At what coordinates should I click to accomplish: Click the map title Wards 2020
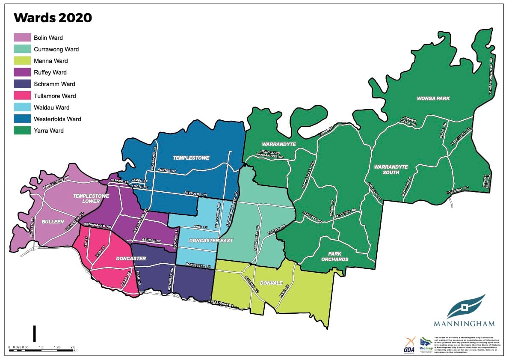pos(53,18)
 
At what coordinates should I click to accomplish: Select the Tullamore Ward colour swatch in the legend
pos(22,96)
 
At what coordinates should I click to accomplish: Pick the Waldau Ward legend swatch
pos(22,107)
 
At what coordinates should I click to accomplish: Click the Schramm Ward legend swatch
pos(22,84)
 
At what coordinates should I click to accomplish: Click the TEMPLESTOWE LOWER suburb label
pos(91,199)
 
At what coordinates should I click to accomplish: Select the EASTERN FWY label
pos(223,303)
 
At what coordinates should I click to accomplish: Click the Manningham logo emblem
pos(464,306)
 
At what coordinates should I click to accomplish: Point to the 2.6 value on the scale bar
pos(72,347)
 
